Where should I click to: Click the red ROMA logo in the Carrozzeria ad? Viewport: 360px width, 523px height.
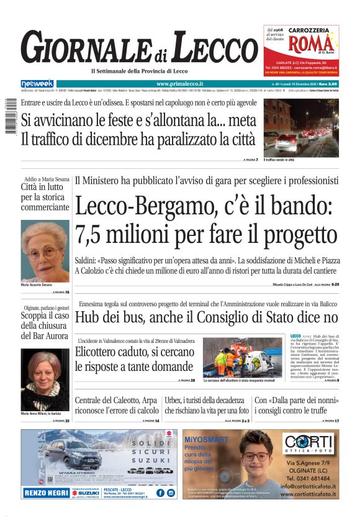(x=302, y=45)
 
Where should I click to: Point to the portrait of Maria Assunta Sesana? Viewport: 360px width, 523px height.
(x=45, y=251)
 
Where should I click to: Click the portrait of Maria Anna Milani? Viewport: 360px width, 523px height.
(x=45, y=379)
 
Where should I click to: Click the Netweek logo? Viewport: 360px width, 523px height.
(x=37, y=84)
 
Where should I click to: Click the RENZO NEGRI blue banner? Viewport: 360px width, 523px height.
(x=47, y=493)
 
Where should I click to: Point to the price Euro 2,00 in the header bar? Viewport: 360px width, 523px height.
(x=326, y=83)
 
